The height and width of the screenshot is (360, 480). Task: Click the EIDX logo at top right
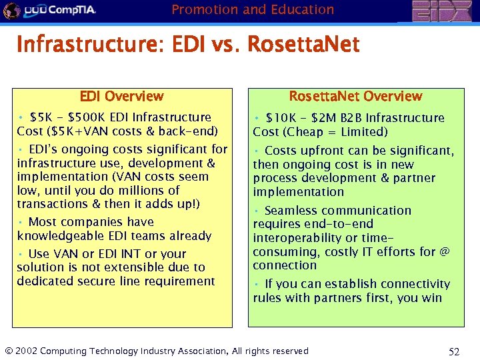(443, 11)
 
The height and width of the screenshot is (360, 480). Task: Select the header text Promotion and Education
(253, 9)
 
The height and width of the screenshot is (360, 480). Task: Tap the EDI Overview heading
(121, 96)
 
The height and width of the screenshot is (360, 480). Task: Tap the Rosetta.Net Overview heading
(355, 96)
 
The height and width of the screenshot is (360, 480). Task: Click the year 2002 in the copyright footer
(27, 351)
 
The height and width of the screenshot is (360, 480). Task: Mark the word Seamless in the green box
(295, 210)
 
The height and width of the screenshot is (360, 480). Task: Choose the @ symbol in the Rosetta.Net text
(445, 251)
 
